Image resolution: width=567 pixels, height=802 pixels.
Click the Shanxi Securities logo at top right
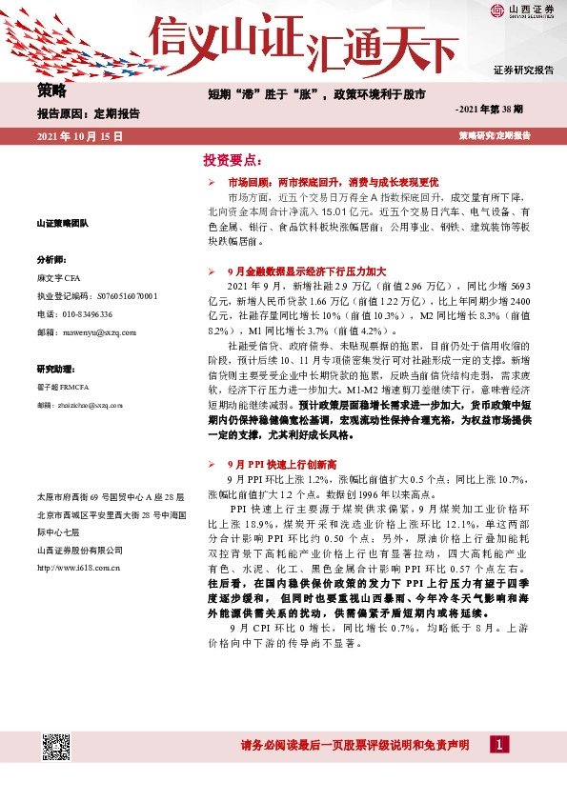tap(522, 11)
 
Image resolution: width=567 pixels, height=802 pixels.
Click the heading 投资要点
tap(231, 159)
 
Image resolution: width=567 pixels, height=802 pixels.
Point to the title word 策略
tap(52, 91)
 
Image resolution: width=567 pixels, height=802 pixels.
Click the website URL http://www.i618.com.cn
tap(79, 569)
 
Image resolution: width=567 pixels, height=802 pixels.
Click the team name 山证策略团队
tap(62, 223)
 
